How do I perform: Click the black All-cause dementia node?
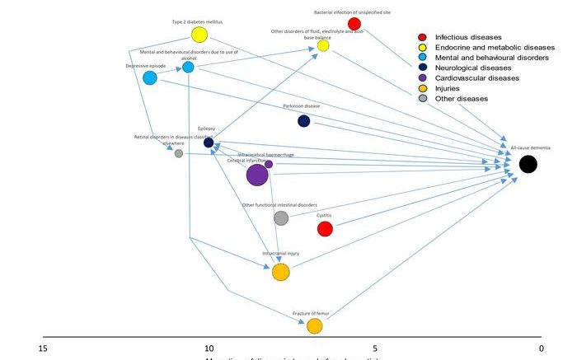[528, 164]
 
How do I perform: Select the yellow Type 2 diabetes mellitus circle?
[199, 35]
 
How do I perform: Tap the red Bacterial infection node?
[354, 23]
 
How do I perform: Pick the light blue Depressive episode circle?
[150, 78]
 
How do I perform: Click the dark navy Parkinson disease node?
[303, 121]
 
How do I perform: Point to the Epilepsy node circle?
[209, 143]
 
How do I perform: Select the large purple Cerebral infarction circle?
[257, 175]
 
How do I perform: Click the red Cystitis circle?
[325, 228]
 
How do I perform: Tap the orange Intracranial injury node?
[280, 272]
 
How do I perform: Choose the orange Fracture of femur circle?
[314, 326]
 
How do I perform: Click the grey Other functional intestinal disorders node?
[280, 218]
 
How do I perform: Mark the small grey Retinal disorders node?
[179, 153]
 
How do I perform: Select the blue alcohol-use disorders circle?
[188, 68]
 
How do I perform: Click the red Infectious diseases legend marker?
[422, 37]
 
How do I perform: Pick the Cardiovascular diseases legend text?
[476, 78]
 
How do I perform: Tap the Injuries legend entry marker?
[422, 88]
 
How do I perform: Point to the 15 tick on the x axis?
[43, 348]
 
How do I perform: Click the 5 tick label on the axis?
[374, 348]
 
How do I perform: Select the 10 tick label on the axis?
[209, 348]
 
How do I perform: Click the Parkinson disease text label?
[301, 106]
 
